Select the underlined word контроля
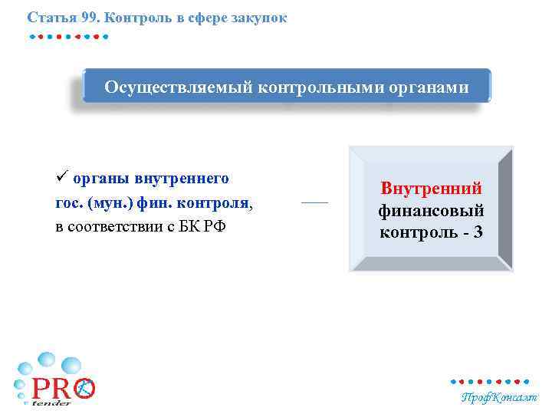[220, 204]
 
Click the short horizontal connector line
[314, 202]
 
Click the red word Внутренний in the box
[432, 189]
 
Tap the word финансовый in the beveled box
[432, 209]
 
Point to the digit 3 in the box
[478, 231]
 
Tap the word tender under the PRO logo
[51, 403]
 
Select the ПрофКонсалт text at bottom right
[499, 397]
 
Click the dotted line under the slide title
[69, 36]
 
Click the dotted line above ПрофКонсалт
[489, 381]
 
